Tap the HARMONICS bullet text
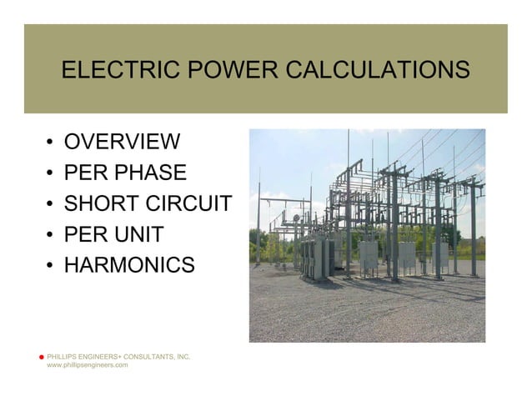click(129, 266)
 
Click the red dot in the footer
click(41, 357)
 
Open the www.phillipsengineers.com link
click(87, 366)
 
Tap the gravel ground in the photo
click(367, 313)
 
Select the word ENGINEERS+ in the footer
click(101, 357)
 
